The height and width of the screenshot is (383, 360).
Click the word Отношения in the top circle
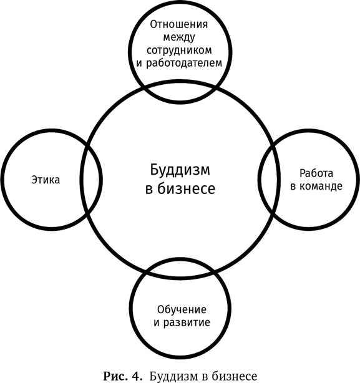pos(179,24)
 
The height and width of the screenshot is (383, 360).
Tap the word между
pos(179,38)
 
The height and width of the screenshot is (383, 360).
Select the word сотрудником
pos(179,51)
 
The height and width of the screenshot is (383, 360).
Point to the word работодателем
pos(184,63)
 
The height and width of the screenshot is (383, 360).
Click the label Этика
pos(46,180)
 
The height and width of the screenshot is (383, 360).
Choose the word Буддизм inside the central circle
pos(180,170)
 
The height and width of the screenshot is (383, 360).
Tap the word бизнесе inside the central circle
pos(186,188)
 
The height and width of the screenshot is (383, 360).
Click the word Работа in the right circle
pos(316,173)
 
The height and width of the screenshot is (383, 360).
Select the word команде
pos(321,187)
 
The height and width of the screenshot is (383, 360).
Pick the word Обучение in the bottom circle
pos(182,310)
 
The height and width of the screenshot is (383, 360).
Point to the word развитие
pos(187,322)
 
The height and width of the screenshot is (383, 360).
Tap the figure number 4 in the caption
pos(137,376)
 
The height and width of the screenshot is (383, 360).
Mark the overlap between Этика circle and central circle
pos(91,180)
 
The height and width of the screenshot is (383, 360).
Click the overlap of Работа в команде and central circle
pos(269,180)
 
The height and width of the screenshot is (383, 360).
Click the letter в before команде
pos(293,187)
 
